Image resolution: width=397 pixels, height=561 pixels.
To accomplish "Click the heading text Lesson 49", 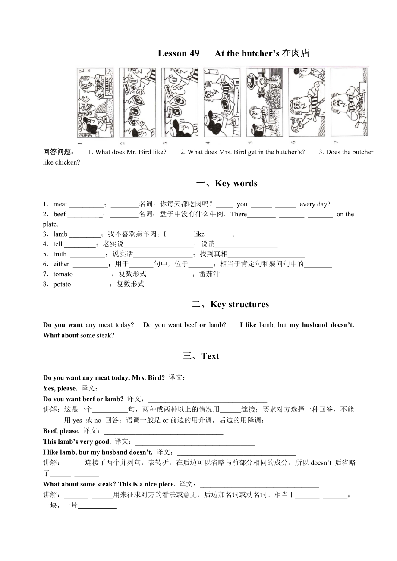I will click(x=178, y=53).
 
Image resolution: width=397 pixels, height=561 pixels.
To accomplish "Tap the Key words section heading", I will click(x=227, y=184).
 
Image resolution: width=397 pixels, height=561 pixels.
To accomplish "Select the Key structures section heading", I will click(x=230, y=305).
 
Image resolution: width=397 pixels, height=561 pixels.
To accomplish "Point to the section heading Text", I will click(x=201, y=356).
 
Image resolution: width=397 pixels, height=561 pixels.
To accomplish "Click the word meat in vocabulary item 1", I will click(x=60, y=204).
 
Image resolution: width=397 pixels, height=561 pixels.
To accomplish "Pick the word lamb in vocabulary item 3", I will click(x=60, y=234).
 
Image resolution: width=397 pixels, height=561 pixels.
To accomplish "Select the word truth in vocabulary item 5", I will click(x=60, y=254).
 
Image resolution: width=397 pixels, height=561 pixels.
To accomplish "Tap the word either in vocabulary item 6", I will click(x=61, y=264).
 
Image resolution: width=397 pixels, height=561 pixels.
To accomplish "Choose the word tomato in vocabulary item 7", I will click(x=63, y=274).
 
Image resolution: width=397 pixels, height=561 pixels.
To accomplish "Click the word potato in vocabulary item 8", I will click(x=62, y=284).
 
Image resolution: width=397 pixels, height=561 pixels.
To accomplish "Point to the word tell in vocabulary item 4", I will click(x=58, y=244).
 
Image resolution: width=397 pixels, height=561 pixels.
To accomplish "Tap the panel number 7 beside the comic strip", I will click(x=336, y=142).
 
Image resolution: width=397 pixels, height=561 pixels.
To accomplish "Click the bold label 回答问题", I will click(x=59, y=152).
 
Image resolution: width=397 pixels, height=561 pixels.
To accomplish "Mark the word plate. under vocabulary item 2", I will click(x=50, y=224).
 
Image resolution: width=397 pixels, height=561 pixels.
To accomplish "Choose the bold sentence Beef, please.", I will click(x=61, y=431).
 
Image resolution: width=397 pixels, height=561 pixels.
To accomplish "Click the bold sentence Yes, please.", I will click(x=60, y=388).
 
